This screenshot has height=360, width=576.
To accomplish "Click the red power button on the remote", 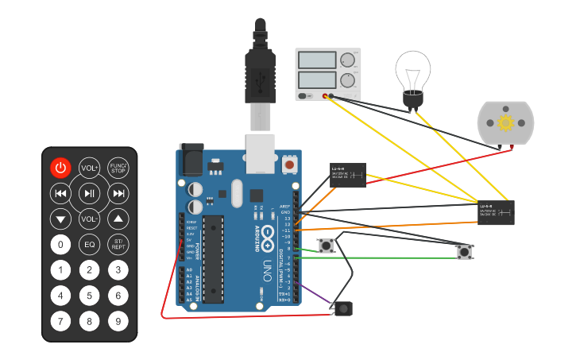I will tap(61, 168).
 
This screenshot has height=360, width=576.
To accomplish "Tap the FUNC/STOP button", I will tap(118, 168).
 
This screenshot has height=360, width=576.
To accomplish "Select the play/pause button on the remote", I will tap(90, 193).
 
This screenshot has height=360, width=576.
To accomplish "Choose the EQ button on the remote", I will tap(90, 244).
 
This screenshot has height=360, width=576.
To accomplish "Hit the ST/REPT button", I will tap(118, 244).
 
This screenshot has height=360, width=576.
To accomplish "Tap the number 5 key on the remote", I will tap(90, 296).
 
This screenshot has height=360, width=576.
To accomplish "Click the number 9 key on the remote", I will tap(118, 322).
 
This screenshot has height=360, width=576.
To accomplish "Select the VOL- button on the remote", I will tap(90, 219).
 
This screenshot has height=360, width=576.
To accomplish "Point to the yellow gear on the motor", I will tap(505, 122).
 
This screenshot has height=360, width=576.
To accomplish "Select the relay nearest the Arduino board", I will tap(348, 175).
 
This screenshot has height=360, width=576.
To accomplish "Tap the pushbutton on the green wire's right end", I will tap(464, 252).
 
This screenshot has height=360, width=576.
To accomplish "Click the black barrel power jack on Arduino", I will tap(191, 160).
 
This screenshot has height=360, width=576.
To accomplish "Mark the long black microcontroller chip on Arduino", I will tap(212, 259).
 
